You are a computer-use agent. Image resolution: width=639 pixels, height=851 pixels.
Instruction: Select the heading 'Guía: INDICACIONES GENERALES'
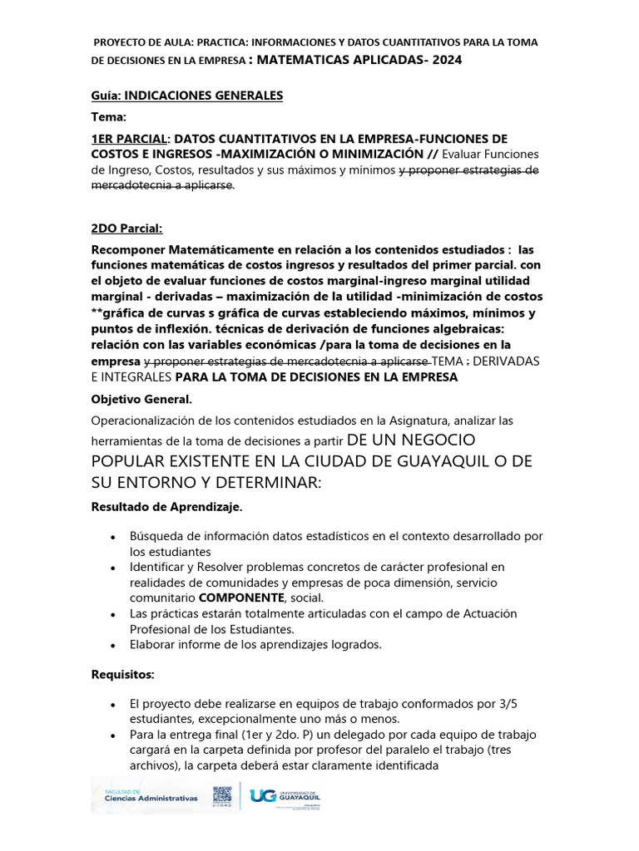click(x=187, y=96)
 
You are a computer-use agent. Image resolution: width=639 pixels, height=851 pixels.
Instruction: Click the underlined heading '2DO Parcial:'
click(x=126, y=229)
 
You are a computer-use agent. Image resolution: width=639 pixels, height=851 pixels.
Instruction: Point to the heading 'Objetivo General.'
click(x=141, y=400)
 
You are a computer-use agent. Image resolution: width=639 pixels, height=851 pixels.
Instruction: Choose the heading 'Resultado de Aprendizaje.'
click(x=166, y=506)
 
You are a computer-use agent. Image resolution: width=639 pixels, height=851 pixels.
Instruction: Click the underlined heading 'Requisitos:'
click(x=123, y=674)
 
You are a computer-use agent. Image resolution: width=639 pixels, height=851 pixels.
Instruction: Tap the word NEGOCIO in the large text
click(x=477, y=440)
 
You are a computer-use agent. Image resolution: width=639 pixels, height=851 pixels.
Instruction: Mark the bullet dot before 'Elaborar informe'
click(x=112, y=644)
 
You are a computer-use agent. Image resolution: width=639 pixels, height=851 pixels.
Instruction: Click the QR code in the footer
click(x=224, y=796)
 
